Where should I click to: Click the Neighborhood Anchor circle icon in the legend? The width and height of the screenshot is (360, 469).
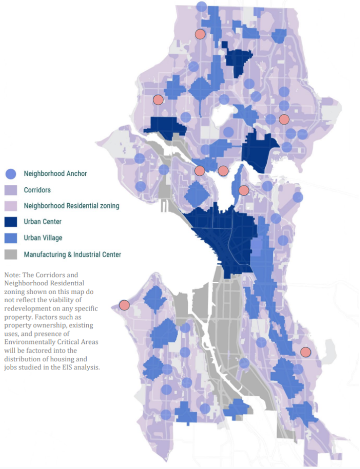click(10, 174)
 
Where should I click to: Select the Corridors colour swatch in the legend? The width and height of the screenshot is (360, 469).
click(10, 190)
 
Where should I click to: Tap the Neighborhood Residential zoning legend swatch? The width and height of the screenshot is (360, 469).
click(10, 206)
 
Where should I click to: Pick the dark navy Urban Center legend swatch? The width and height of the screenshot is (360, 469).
click(10, 222)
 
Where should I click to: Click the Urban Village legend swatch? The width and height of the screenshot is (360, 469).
click(10, 238)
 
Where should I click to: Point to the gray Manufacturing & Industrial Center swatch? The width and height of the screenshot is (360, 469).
click(10, 254)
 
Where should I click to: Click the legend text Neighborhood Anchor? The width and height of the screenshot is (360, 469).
click(55, 174)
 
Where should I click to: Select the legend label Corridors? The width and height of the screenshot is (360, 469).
click(37, 190)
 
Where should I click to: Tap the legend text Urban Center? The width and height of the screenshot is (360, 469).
click(43, 222)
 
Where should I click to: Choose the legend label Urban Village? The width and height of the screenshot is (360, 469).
click(43, 238)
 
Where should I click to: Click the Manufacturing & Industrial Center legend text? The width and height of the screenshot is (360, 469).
click(72, 254)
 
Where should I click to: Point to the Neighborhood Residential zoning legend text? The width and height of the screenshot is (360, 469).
click(72, 206)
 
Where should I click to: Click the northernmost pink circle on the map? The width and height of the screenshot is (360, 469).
click(200, 34)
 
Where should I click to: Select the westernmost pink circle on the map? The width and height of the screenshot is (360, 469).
click(124, 305)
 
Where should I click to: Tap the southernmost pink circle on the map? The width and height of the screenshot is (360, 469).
click(306, 352)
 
